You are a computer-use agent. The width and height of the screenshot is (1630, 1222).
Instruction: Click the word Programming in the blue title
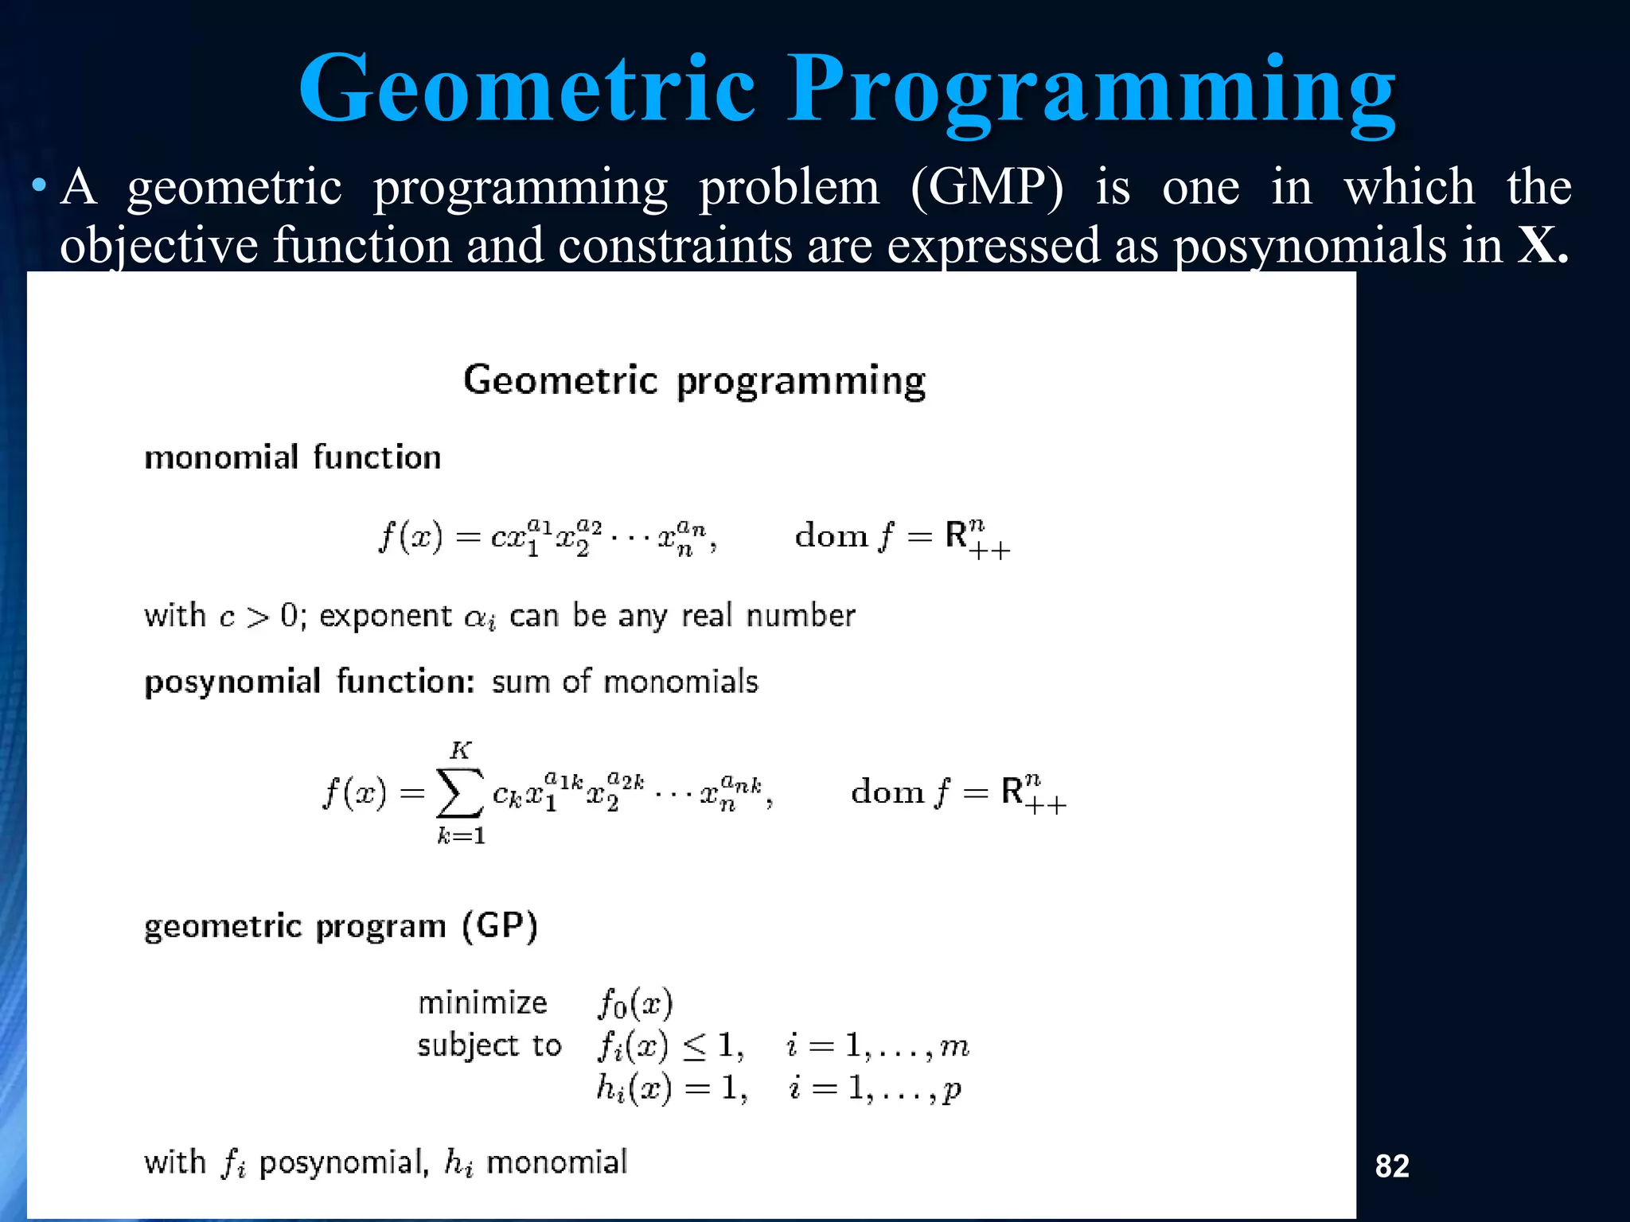coord(1090,89)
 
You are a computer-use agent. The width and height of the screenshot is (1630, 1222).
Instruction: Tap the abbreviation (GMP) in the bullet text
coord(986,188)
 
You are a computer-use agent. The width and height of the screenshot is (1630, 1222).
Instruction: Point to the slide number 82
coord(1392,1166)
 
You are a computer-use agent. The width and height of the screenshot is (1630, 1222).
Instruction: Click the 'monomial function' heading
coord(292,458)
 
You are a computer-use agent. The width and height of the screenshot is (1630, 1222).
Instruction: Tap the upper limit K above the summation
coord(460,750)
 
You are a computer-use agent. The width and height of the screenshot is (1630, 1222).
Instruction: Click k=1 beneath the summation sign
coord(461,836)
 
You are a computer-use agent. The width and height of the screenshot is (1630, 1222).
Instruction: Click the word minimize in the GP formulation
coord(482,1002)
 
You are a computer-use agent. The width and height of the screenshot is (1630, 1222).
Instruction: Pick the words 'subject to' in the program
coord(489,1045)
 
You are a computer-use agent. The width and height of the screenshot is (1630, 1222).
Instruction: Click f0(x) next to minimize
coord(635,1004)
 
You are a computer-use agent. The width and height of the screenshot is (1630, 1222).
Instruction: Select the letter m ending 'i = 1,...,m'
coord(954,1047)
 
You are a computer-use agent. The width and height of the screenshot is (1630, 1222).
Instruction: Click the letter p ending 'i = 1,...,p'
coord(951,1090)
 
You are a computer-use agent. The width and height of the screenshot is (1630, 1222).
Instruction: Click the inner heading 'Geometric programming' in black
coord(694,380)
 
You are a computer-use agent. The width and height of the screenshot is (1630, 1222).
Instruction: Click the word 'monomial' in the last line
coord(556,1162)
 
